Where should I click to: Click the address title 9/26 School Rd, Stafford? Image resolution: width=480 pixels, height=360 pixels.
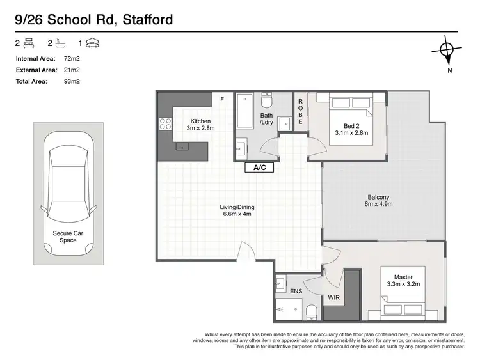coord(94,20)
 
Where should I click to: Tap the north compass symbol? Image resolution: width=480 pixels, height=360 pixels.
coord(448,50)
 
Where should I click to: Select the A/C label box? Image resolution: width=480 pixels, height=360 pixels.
coord(260,168)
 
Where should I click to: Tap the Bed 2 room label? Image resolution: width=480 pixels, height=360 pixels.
coord(351,129)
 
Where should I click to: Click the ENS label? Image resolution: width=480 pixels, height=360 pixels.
coord(296,291)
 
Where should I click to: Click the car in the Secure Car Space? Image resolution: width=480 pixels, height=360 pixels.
coord(68,195)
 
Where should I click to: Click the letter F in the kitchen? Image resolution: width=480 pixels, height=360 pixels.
coord(222,100)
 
